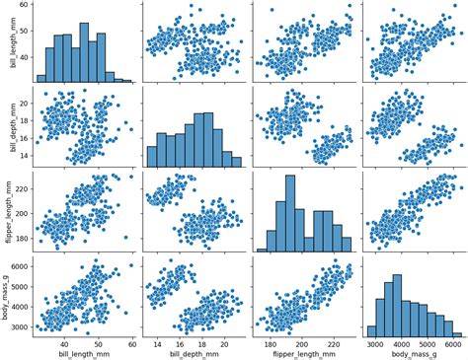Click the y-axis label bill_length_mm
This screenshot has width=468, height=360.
click(7, 42)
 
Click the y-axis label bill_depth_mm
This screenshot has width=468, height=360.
click(7, 127)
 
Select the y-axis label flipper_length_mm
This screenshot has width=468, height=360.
click(7, 211)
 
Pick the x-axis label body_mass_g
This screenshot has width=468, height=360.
click(414, 352)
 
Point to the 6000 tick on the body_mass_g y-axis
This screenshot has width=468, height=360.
click(19, 266)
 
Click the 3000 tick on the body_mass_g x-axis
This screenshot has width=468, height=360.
click(375, 340)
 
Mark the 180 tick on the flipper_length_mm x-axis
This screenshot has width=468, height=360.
click(268, 340)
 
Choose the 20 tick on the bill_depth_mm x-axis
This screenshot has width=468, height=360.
click(224, 340)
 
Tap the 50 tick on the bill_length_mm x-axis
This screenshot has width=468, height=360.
click(98, 340)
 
